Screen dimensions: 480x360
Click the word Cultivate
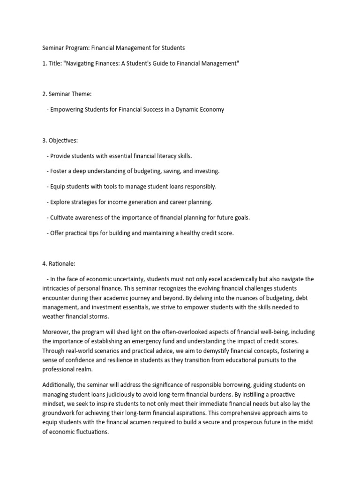(x=63, y=217)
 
